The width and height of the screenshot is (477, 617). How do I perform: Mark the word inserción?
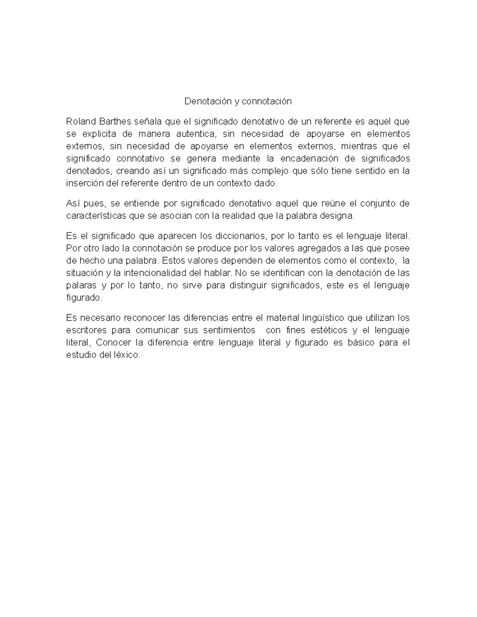pyautogui.click(x=84, y=184)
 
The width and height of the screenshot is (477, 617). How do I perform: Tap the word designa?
pyautogui.click(x=337, y=216)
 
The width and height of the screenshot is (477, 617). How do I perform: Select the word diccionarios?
pyautogui.click(x=240, y=236)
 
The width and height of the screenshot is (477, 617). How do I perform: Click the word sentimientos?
pyautogui.click(x=229, y=331)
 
